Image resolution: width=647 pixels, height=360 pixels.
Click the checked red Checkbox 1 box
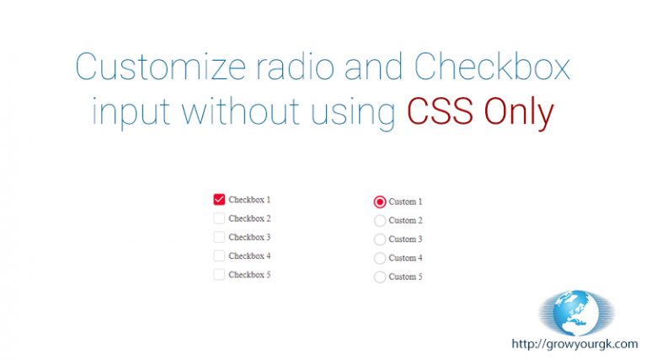[219, 200]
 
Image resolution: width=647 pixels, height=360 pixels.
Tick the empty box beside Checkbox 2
[219, 218]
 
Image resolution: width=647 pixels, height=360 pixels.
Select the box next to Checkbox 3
[219, 237]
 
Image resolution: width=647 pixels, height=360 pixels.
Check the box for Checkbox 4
[219, 256]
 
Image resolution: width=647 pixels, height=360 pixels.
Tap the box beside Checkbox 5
[219, 275]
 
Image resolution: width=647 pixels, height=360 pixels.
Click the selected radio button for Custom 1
[380, 201]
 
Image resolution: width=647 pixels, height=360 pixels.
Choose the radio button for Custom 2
[380, 220]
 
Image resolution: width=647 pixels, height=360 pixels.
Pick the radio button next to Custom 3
[380, 239]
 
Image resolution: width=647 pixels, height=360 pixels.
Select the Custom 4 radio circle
[380, 258]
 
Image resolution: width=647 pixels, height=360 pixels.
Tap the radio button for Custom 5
[380, 277]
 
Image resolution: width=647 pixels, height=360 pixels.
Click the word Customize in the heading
[161, 66]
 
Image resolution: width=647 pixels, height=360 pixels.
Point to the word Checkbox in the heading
[492, 66]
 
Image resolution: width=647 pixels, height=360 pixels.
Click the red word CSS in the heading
[440, 111]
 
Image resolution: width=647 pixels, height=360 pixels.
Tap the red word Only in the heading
[519, 112]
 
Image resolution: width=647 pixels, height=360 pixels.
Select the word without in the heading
[241, 111]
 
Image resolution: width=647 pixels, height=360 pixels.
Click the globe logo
[576, 313]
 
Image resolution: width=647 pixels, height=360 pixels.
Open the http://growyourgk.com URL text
[575, 344]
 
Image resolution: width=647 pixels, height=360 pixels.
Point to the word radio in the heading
[295, 66]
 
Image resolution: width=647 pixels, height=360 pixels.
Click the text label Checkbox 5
[249, 275]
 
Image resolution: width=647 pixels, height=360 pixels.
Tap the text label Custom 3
[405, 239]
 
